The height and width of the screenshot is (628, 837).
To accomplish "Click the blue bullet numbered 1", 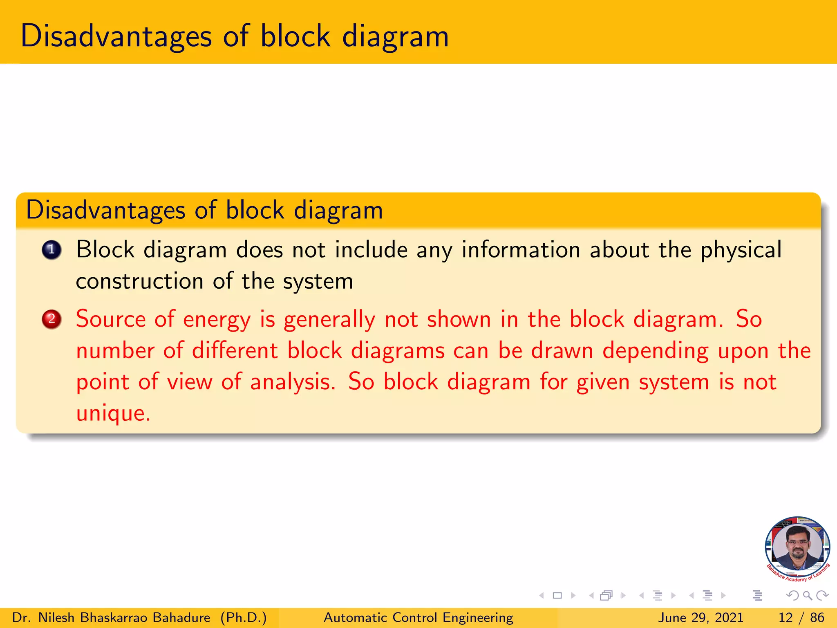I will click(x=51, y=250).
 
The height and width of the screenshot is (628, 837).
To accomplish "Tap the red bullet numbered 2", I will click(x=51, y=319).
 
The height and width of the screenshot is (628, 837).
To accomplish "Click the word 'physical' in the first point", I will click(x=741, y=250).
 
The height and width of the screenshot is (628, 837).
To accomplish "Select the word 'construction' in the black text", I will click(x=140, y=281).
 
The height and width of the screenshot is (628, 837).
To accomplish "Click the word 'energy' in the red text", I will click(x=217, y=320).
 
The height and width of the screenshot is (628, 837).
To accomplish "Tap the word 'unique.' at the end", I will click(x=113, y=413).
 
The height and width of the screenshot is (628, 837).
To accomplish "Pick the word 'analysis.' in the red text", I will click(x=293, y=382).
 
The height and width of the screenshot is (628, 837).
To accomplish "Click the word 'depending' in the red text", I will click(x=655, y=351).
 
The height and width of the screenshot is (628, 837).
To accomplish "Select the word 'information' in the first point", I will click(x=521, y=250).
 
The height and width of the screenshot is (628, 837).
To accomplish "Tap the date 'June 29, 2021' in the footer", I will click(x=700, y=617).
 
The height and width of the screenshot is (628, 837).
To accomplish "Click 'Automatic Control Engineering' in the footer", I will click(x=418, y=617).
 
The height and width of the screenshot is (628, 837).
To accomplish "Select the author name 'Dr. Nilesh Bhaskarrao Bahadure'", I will click(x=111, y=617).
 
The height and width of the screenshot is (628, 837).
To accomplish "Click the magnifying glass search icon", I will click(x=807, y=596).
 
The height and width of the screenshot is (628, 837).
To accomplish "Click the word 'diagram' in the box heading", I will click(x=338, y=210).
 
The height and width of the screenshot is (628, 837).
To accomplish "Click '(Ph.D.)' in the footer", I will click(x=244, y=617).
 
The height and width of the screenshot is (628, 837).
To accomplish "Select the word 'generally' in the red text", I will click(x=329, y=320).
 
